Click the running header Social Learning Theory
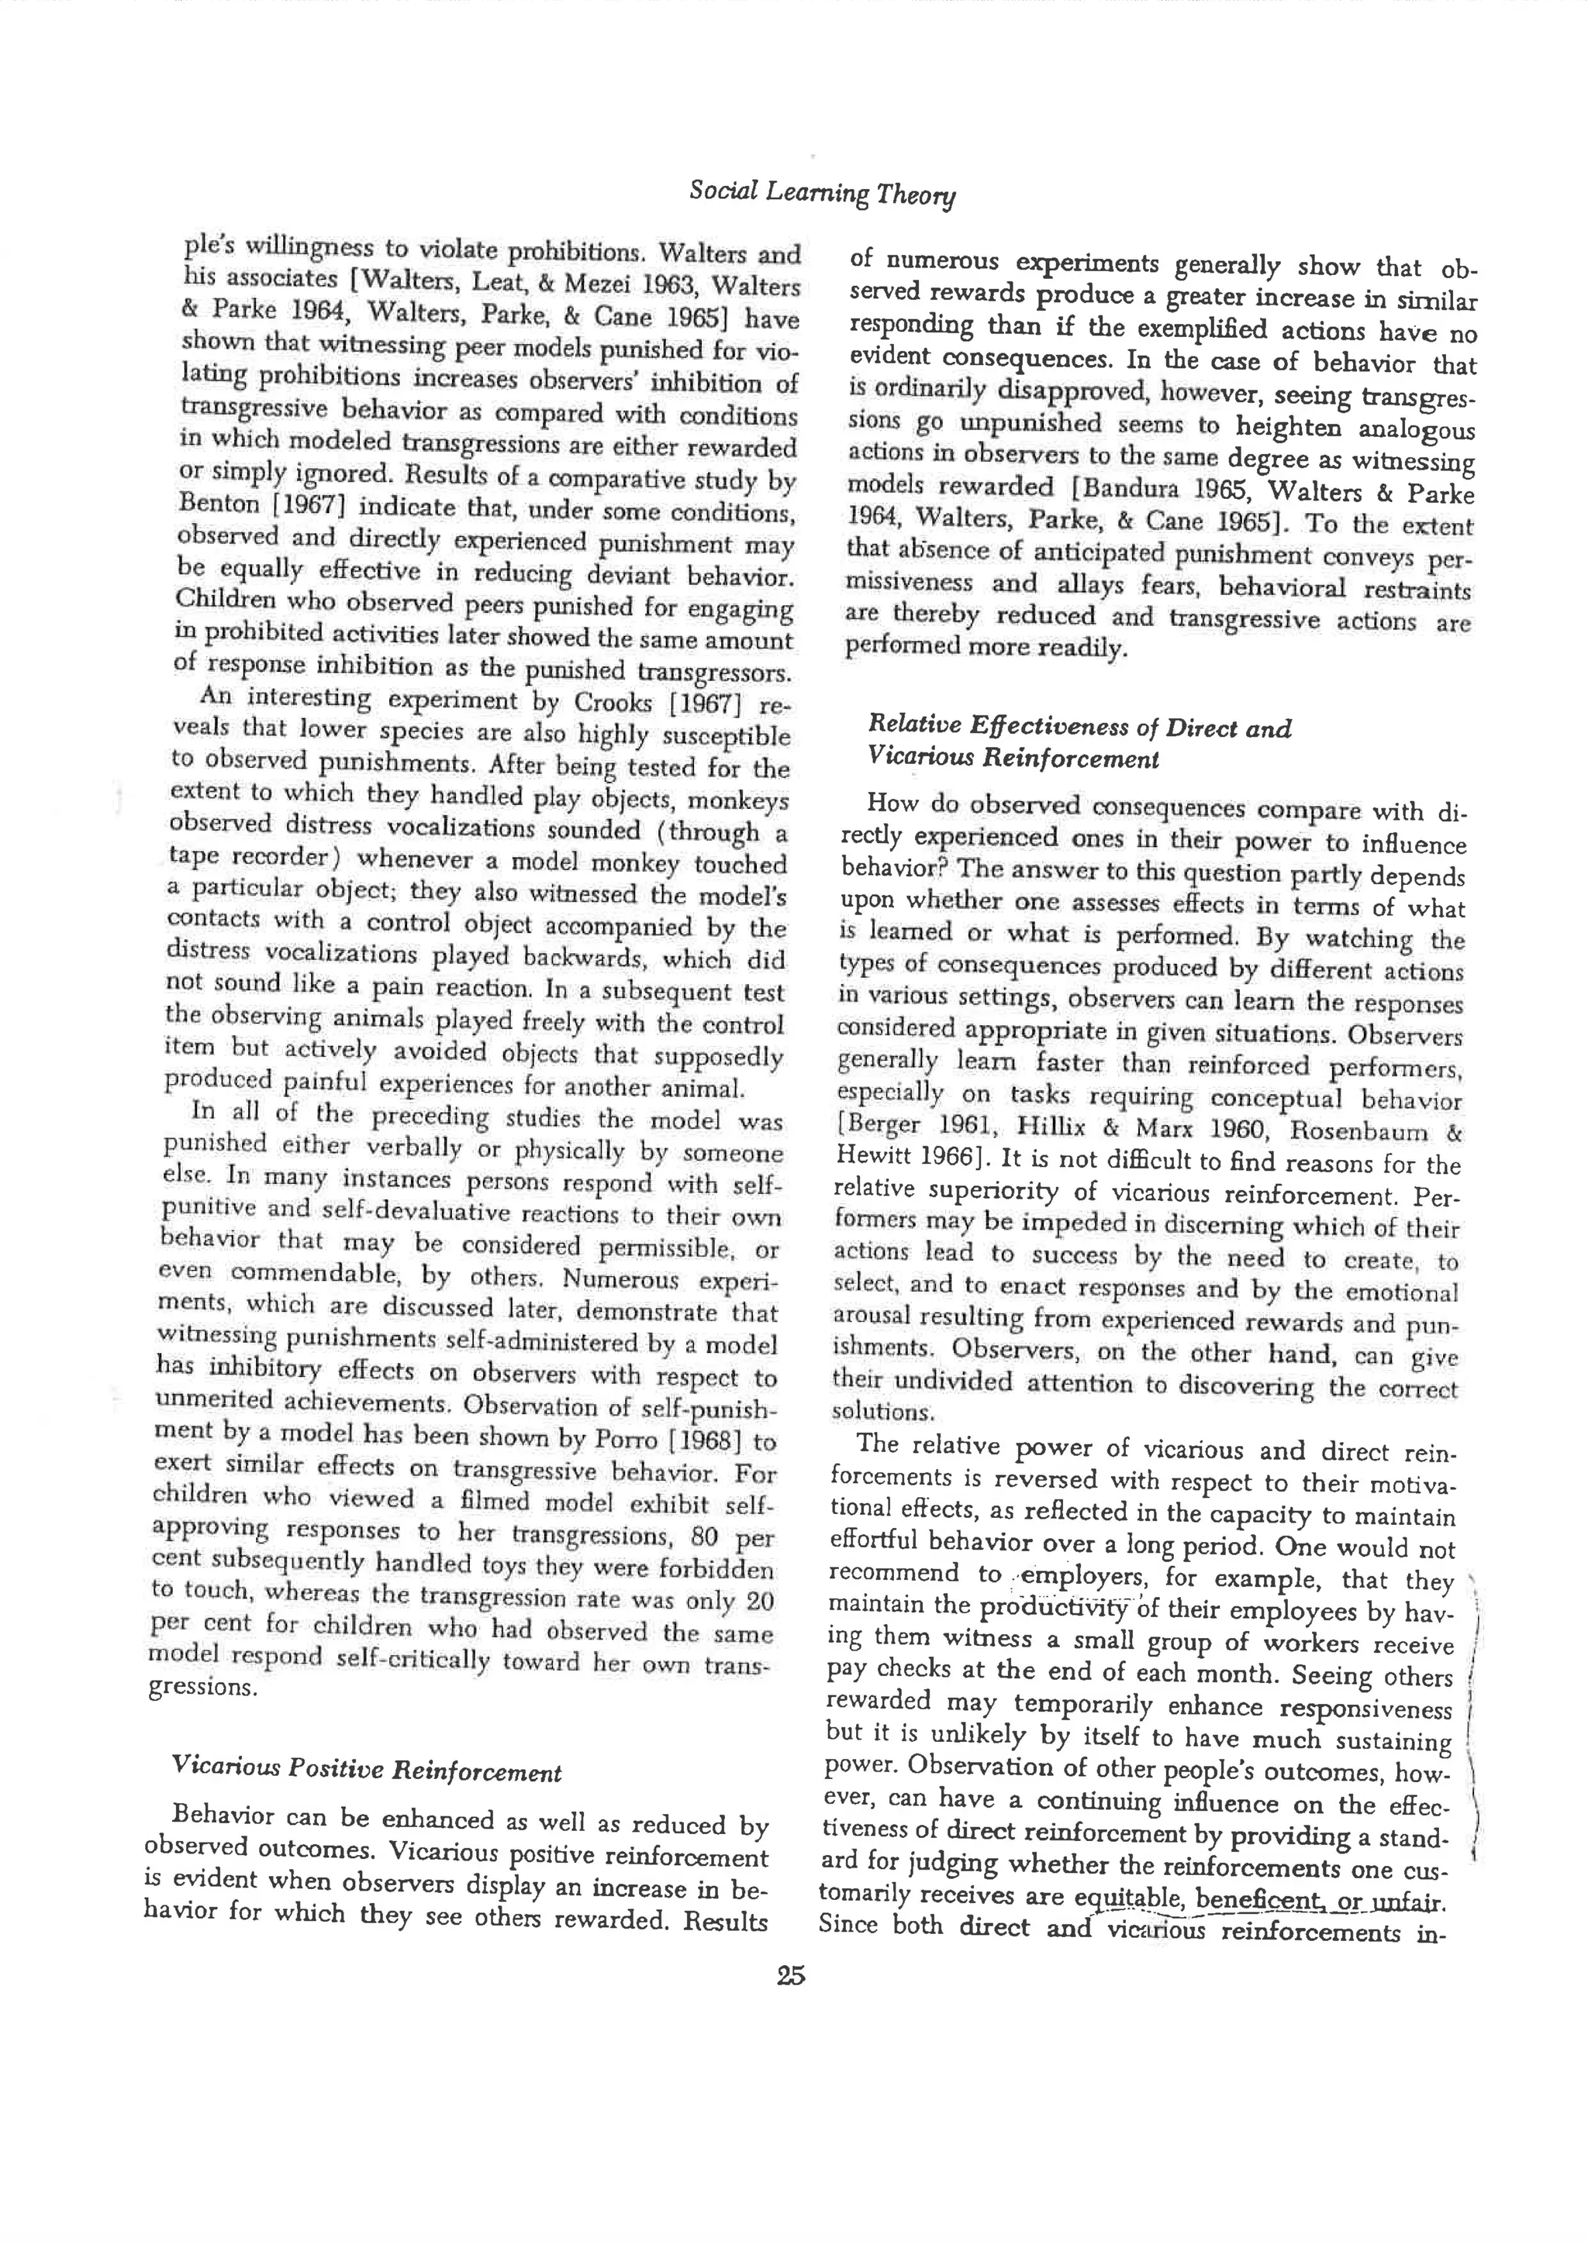821,192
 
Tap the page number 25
791,1976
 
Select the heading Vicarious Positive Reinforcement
366,1770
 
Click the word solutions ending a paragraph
883,1411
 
